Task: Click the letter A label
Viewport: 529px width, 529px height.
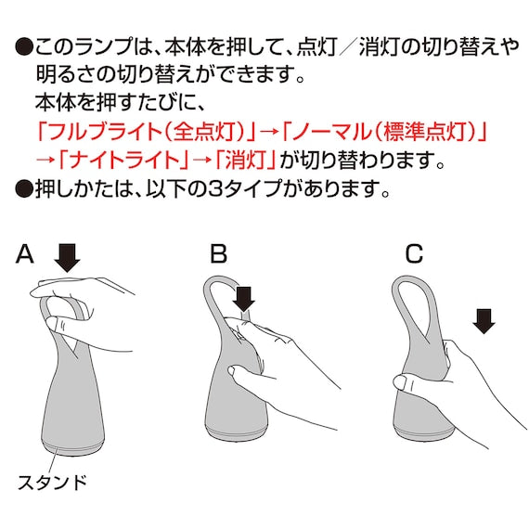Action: [25, 254]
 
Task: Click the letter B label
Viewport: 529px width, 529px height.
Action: [219, 253]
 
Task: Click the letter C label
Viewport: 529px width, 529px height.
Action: [414, 253]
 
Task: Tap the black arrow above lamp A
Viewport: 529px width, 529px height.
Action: [67, 258]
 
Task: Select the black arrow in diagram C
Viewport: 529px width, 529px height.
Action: [484, 321]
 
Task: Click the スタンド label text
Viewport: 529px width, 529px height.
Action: [52, 482]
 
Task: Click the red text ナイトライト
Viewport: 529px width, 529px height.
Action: [123, 160]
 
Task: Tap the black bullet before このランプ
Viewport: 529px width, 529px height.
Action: [24, 47]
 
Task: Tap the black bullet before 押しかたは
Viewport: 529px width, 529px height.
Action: [24, 188]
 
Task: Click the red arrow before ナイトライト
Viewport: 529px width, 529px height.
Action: [45, 161]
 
